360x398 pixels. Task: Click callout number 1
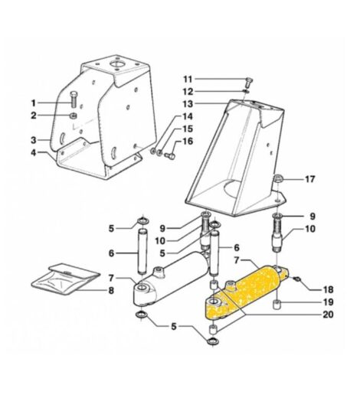34,102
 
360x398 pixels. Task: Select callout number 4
34,153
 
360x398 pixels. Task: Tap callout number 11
187,79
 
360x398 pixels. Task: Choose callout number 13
187,103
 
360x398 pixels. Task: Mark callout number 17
309,180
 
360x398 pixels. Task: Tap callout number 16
187,141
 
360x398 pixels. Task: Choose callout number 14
187,116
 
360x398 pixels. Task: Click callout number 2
34,116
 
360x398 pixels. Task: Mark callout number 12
187,91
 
